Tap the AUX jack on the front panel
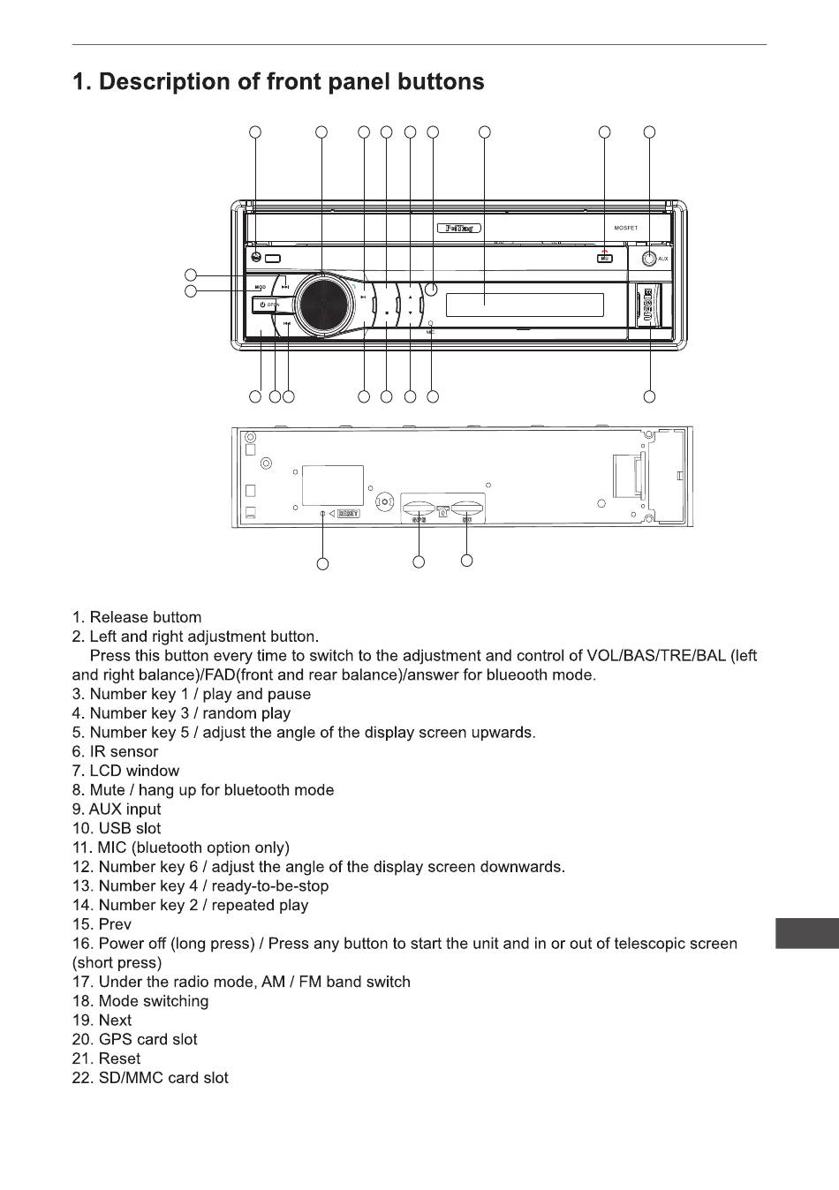point(649,259)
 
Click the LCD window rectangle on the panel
point(525,305)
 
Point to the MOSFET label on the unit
point(625,228)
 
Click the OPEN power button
point(270,305)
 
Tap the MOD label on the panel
point(261,287)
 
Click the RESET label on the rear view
point(348,513)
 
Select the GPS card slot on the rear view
point(417,508)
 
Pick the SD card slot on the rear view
point(466,508)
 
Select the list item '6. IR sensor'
point(115,752)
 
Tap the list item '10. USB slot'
point(117,829)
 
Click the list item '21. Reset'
point(106,1058)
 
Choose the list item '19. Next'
point(102,1021)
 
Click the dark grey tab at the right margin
point(806,934)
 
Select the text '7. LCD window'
point(125,771)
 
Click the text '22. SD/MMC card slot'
point(150,1078)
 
